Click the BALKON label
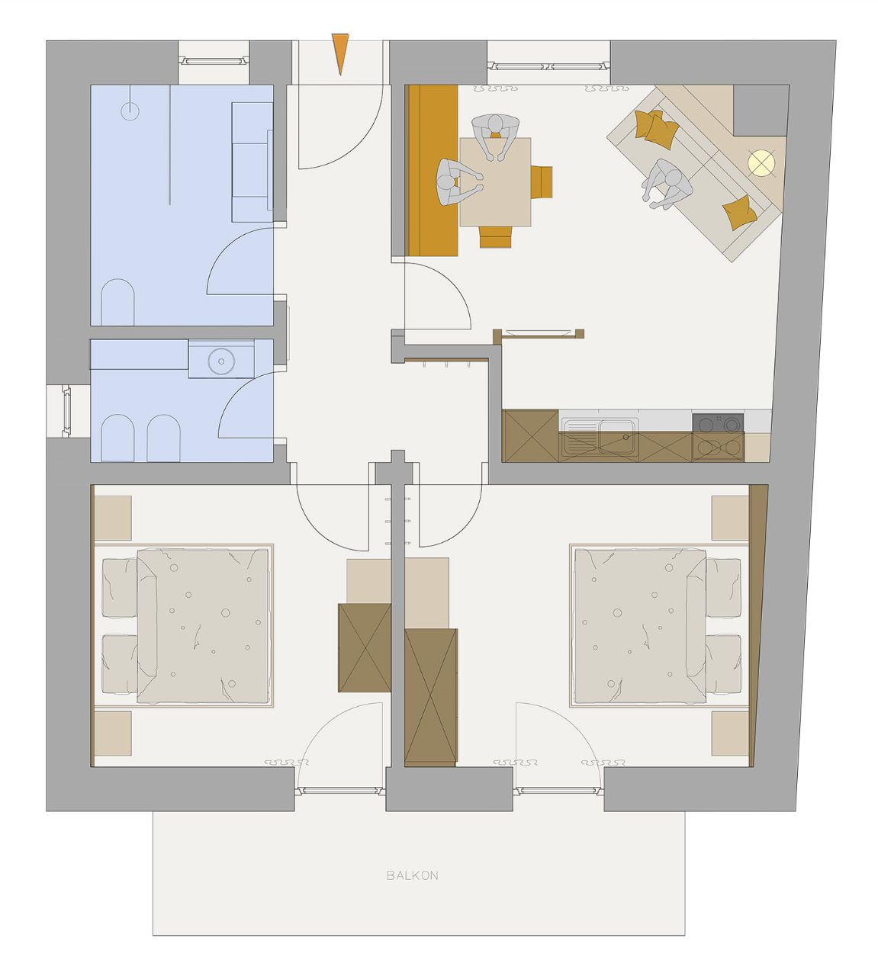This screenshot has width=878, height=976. (412, 875)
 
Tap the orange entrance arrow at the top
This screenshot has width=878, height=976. (340, 52)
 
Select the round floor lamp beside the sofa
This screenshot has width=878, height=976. (761, 162)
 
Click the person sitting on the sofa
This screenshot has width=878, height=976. (667, 185)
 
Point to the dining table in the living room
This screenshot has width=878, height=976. (495, 182)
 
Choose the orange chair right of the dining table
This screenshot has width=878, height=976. (542, 182)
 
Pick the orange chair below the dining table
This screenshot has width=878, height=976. (497, 237)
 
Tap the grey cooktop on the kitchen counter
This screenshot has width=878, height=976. (718, 423)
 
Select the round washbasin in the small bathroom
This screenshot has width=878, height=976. (221, 361)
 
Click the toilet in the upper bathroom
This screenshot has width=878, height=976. (117, 302)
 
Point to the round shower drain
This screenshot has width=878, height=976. (130, 111)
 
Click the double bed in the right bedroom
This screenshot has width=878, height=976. (659, 626)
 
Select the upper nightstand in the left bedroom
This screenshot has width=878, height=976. (112, 518)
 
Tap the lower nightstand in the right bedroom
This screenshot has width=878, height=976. (730, 734)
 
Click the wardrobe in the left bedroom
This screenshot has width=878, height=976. (365, 647)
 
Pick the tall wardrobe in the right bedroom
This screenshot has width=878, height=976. (431, 697)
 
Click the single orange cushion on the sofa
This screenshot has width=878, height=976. (740, 213)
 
